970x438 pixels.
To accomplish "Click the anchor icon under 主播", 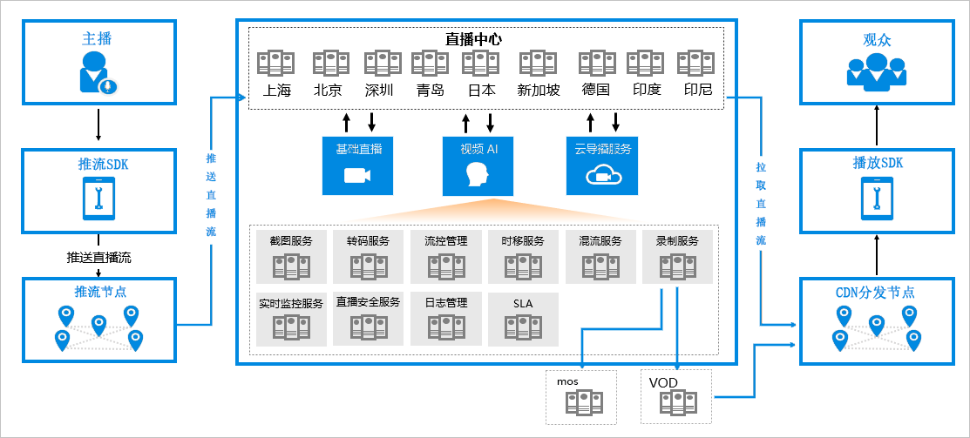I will coord(98,72).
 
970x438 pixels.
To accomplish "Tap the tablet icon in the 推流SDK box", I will coord(98,199).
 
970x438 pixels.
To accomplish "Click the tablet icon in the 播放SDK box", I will coord(877,199).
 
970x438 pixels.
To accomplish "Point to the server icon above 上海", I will coord(275,63).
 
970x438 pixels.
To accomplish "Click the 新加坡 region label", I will coord(539,90).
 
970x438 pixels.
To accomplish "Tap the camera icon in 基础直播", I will coord(358,176).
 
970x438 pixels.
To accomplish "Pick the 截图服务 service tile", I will coord(291,256).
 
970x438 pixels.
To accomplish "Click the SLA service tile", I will coord(522,318).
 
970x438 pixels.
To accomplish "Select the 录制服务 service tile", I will coord(677,256).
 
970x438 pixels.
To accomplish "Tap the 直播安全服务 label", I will coord(368,302).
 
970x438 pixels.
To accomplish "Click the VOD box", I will coord(676,396).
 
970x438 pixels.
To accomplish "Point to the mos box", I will coord(580,396).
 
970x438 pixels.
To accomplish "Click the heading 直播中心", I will coord(473,39).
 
